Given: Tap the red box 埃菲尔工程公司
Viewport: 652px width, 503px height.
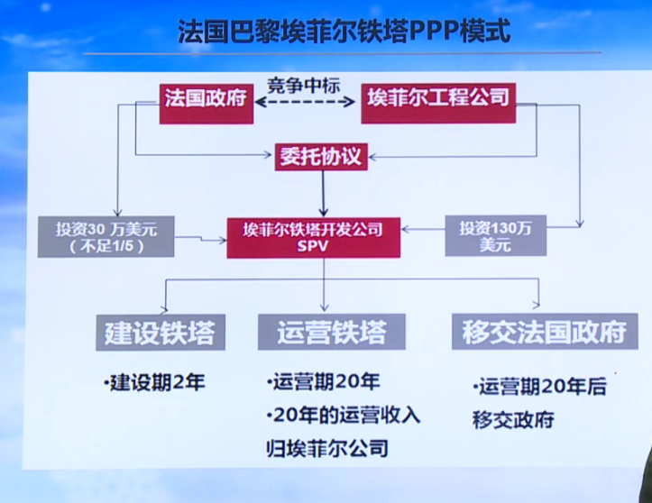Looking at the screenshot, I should [437, 97].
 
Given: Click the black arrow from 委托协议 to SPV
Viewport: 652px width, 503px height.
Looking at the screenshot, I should [322, 191].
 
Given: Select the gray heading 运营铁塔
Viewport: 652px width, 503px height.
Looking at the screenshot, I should [322, 332].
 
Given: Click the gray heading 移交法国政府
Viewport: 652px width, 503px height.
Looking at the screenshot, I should [538, 332].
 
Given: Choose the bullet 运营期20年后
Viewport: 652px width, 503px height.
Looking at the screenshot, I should [538, 388].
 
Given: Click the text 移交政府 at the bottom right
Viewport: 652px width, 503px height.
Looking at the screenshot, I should [512, 419].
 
